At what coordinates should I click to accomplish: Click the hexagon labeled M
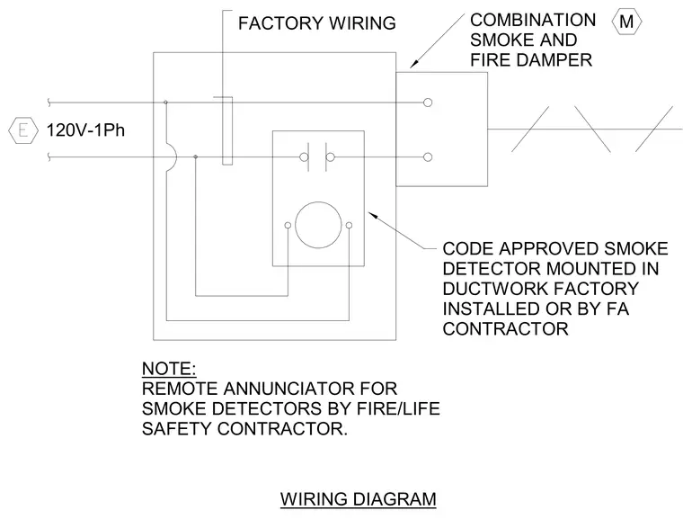pos(626,22)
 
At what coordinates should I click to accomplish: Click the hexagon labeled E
pos(23,130)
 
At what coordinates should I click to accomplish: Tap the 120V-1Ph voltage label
pos(85,130)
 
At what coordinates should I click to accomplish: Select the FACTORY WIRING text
pos(316,23)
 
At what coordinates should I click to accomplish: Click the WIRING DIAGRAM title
pos(358,499)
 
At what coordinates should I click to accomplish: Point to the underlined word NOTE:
pos(169,369)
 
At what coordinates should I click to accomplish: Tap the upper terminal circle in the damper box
pos(428,103)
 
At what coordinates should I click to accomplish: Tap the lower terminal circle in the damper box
pos(428,157)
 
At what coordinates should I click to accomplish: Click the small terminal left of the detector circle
pos(288,226)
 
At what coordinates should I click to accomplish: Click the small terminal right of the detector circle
pos(349,226)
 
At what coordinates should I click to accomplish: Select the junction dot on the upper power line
pos(165,103)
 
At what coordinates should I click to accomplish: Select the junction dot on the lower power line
pos(195,157)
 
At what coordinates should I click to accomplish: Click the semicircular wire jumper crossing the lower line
pos(176,157)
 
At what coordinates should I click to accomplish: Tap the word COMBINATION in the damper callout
pos(533,20)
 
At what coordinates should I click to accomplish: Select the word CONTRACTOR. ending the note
pos(282,429)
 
